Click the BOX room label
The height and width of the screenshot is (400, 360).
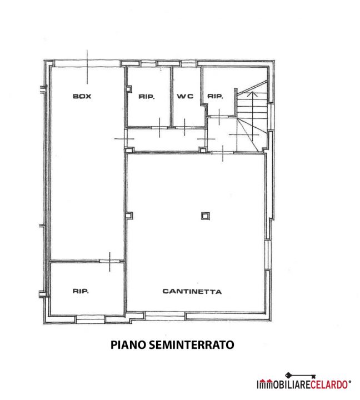pyautogui.click(x=82, y=96)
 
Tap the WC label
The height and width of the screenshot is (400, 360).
pyautogui.click(x=185, y=96)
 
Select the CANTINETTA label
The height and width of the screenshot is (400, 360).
pyautogui.click(x=192, y=291)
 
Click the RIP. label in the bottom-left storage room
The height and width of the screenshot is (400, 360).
pyautogui.click(x=81, y=291)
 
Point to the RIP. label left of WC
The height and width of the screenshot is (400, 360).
pyautogui.click(x=147, y=97)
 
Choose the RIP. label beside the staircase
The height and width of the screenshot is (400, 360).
pyautogui.click(x=215, y=96)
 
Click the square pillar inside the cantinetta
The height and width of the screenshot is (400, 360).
pyautogui.click(x=205, y=216)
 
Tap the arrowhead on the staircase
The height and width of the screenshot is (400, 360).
pyautogui.click(x=252, y=94)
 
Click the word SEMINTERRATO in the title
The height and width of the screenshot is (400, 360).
pyautogui.click(x=191, y=344)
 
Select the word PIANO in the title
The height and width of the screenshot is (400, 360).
pyautogui.click(x=128, y=344)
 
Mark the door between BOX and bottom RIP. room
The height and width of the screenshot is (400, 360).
pyautogui.click(x=109, y=261)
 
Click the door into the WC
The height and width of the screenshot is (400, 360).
pyautogui.click(x=184, y=127)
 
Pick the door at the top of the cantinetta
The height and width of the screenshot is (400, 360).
pyautogui.click(x=223, y=153)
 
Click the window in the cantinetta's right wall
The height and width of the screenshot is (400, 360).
pyautogui.click(x=268, y=254)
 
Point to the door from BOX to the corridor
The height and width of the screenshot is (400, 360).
pyautogui.click(x=125, y=138)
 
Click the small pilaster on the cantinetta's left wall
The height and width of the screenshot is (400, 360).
pyautogui.click(x=129, y=216)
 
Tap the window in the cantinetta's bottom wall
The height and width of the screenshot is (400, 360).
pyautogui.click(x=165, y=316)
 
